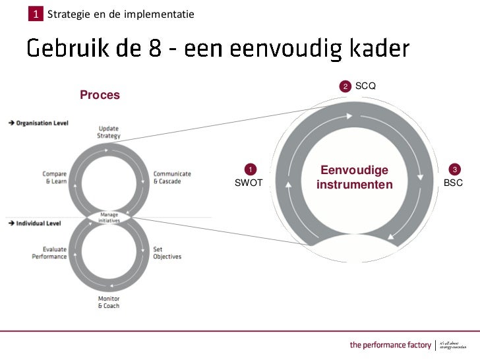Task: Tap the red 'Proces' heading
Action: click(x=100, y=95)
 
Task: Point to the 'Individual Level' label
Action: click(x=38, y=224)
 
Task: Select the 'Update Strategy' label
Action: click(x=109, y=132)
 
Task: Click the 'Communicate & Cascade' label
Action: click(x=172, y=177)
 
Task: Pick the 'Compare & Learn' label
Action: click(x=54, y=177)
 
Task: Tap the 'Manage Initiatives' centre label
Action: click(x=109, y=217)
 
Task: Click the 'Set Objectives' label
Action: click(x=167, y=253)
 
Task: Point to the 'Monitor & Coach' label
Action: click(x=109, y=303)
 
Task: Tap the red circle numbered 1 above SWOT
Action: click(x=249, y=169)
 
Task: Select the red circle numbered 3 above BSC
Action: click(x=454, y=169)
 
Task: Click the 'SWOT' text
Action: click(x=249, y=183)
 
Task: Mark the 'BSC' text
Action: click(x=453, y=183)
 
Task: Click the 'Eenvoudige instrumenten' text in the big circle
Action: click(x=354, y=177)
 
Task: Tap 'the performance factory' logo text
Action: click(x=390, y=345)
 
